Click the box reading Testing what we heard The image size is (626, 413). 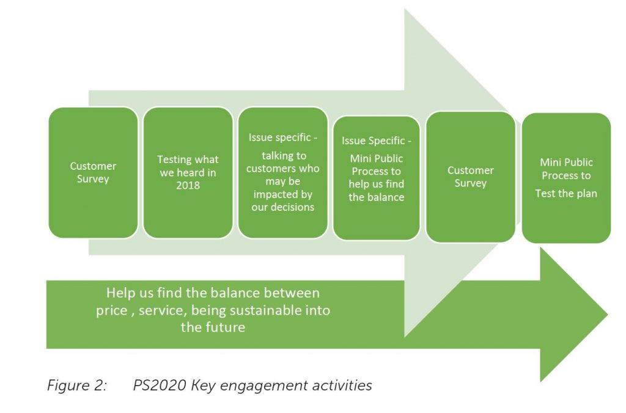pos(188,173)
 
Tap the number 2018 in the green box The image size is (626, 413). pos(188,186)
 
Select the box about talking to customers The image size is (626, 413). pos(282,173)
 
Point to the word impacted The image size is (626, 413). pos(282,194)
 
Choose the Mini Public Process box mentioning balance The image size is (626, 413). pos(376,178)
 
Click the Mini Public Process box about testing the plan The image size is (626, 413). pos(566,178)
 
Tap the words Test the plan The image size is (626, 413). pos(566,194)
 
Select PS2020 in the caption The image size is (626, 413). pos(160,386)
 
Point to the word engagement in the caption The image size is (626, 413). pos(264,386)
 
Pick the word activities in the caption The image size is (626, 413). pos(342,386)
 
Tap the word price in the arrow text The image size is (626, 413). pos(111,311)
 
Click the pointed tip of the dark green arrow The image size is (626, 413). pos(608,315)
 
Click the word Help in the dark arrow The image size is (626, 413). pos(119,293)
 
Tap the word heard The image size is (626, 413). pos(191,172)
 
